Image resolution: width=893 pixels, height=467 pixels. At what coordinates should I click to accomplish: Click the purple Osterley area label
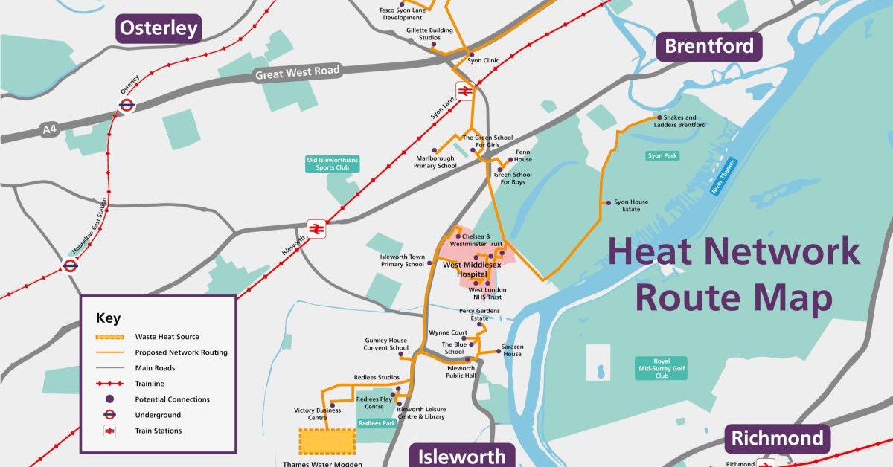(159, 29)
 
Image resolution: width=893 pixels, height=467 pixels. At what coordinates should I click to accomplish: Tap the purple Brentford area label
(708, 46)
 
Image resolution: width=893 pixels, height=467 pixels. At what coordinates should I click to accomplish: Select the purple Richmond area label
(778, 439)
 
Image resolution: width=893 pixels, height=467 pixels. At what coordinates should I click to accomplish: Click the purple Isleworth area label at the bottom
(461, 455)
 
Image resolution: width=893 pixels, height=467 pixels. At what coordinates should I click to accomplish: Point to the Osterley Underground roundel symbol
(127, 106)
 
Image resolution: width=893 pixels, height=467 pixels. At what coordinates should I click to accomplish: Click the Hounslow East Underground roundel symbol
(71, 265)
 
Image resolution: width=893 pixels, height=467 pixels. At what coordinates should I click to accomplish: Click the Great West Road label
(297, 73)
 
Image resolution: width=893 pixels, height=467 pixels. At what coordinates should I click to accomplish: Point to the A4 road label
(50, 130)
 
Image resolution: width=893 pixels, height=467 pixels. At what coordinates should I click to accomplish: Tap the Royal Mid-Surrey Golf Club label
(661, 368)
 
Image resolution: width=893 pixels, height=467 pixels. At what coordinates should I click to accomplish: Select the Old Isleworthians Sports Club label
(332, 164)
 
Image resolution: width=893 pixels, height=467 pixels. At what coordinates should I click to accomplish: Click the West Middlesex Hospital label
(472, 269)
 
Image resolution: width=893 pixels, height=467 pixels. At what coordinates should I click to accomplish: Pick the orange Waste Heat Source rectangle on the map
(327, 442)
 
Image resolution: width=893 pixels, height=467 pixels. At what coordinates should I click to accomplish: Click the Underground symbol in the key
(109, 415)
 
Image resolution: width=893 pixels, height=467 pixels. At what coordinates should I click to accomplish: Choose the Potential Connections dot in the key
(109, 399)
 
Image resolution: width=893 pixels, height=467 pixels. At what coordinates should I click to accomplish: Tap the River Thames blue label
(723, 176)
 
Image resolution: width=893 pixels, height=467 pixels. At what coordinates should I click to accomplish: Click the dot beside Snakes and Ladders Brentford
(657, 117)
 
